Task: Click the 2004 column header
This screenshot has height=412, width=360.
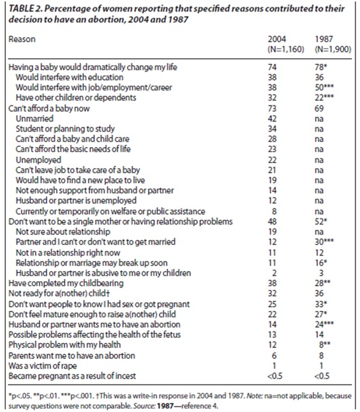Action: coord(276,39)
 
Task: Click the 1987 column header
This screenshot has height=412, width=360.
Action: coord(324,39)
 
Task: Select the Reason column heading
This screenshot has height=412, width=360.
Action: coord(22,39)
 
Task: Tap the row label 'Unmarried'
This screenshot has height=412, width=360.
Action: coord(34,119)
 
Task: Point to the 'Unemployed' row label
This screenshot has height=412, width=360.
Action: coord(38,160)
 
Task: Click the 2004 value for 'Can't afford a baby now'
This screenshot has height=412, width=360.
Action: coord(272,108)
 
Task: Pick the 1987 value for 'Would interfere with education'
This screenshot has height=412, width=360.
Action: coord(319,77)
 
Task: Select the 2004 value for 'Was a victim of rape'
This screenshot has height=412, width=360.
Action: coord(274,365)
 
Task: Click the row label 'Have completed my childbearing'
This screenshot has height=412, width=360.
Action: coord(66,283)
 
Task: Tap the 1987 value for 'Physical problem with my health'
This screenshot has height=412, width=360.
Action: coord(325,345)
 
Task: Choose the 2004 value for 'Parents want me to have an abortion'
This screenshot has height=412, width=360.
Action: coord(274,356)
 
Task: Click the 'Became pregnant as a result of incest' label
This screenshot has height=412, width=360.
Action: coord(72,376)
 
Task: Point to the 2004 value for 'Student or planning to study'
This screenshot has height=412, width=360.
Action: coord(272,129)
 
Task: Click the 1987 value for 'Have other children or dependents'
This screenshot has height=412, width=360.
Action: coord(324,98)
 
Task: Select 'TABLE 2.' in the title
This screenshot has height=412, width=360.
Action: coord(24,8)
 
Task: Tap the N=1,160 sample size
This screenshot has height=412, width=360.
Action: coord(286,49)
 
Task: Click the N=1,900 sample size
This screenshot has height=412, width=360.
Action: coord(333,49)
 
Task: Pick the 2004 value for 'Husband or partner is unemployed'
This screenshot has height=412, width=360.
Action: coord(272,201)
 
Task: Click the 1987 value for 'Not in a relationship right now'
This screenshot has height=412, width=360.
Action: coord(319,252)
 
